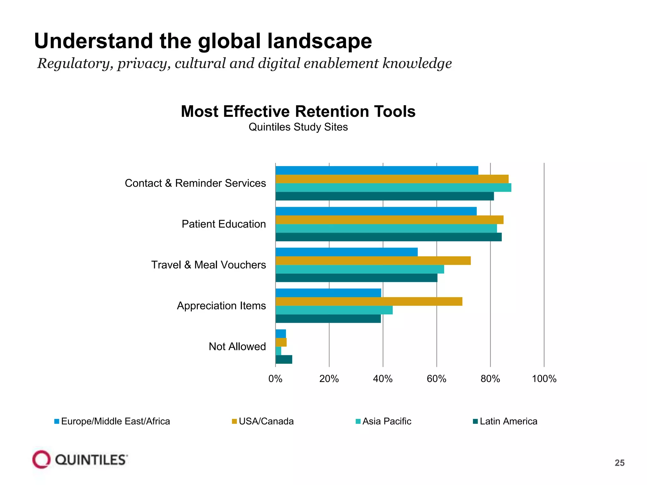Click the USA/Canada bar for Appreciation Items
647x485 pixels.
click(369, 302)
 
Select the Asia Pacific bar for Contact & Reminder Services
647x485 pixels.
click(393, 188)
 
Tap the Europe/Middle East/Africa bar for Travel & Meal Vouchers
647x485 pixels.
click(347, 252)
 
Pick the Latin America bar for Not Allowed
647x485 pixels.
click(284, 359)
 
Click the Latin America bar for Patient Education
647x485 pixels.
click(389, 237)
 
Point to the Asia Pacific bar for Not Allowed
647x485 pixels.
click(278, 351)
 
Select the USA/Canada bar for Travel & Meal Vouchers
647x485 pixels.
click(373, 260)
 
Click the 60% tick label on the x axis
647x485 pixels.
click(437, 379)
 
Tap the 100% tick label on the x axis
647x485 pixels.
click(544, 379)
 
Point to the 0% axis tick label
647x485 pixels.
click(275, 379)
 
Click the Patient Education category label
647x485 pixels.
click(224, 224)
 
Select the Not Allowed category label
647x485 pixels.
click(237, 346)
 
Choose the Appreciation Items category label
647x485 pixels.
click(221, 306)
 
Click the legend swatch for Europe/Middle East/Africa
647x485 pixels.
click(57, 422)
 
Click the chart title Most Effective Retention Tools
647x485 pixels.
click(298, 111)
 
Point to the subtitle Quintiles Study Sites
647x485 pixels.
click(298, 127)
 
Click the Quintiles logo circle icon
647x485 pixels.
click(41, 459)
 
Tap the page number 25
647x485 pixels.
click(619, 463)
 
